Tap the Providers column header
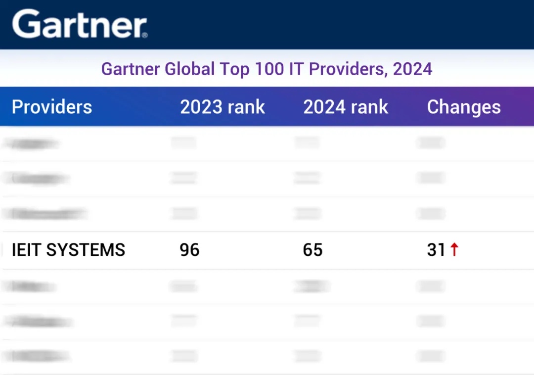(x=52, y=107)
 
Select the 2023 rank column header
(x=222, y=107)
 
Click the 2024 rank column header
(x=346, y=107)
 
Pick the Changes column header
(x=464, y=107)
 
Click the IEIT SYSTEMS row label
(x=69, y=250)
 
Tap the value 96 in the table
(x=189, y=250)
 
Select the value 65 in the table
(x=312, y=250)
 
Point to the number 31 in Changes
(x=436, y=250)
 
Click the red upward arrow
(x=454, y=249)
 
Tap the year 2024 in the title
(x=412, y=69)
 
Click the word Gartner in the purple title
(x=131, y=69)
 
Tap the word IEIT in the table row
(x=27, y=250)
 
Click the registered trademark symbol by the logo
(x=144, y=35)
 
